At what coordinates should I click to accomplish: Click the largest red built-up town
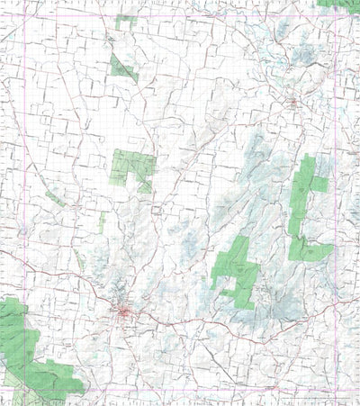point(124,312)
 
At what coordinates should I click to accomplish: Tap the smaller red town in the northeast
point(293,104)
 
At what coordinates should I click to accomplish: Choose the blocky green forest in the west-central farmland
point(131,169)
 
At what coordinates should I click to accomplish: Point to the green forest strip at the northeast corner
point(338,4)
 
